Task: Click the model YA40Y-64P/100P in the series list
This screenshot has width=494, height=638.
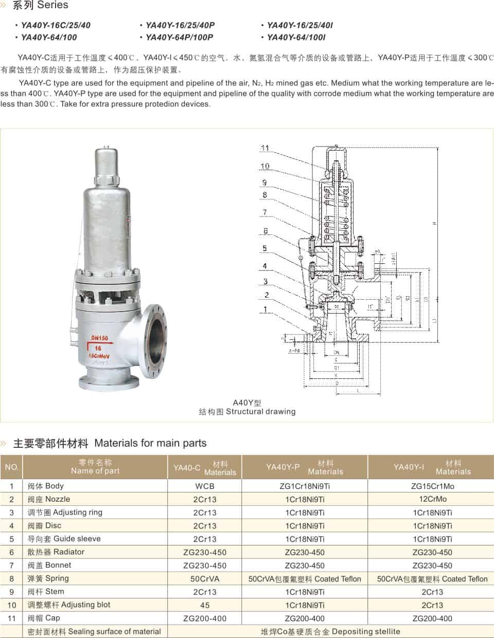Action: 179,37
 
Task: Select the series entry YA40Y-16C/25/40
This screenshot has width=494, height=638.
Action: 56,25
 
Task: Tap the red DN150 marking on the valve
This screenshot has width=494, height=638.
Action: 100,338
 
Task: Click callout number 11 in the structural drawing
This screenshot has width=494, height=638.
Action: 265,148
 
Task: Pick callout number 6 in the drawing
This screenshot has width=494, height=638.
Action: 266,231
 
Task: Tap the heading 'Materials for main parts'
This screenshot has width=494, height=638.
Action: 150,443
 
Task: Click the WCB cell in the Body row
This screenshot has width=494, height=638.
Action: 205,486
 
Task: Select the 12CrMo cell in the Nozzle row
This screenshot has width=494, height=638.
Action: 432,499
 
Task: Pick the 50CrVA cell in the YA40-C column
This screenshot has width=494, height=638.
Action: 205,579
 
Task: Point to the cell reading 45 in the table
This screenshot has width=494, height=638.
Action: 205,605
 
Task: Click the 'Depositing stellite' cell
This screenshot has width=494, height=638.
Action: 330,631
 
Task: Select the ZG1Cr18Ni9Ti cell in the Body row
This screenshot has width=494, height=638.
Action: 305,486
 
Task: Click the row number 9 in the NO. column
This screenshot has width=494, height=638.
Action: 12,592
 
